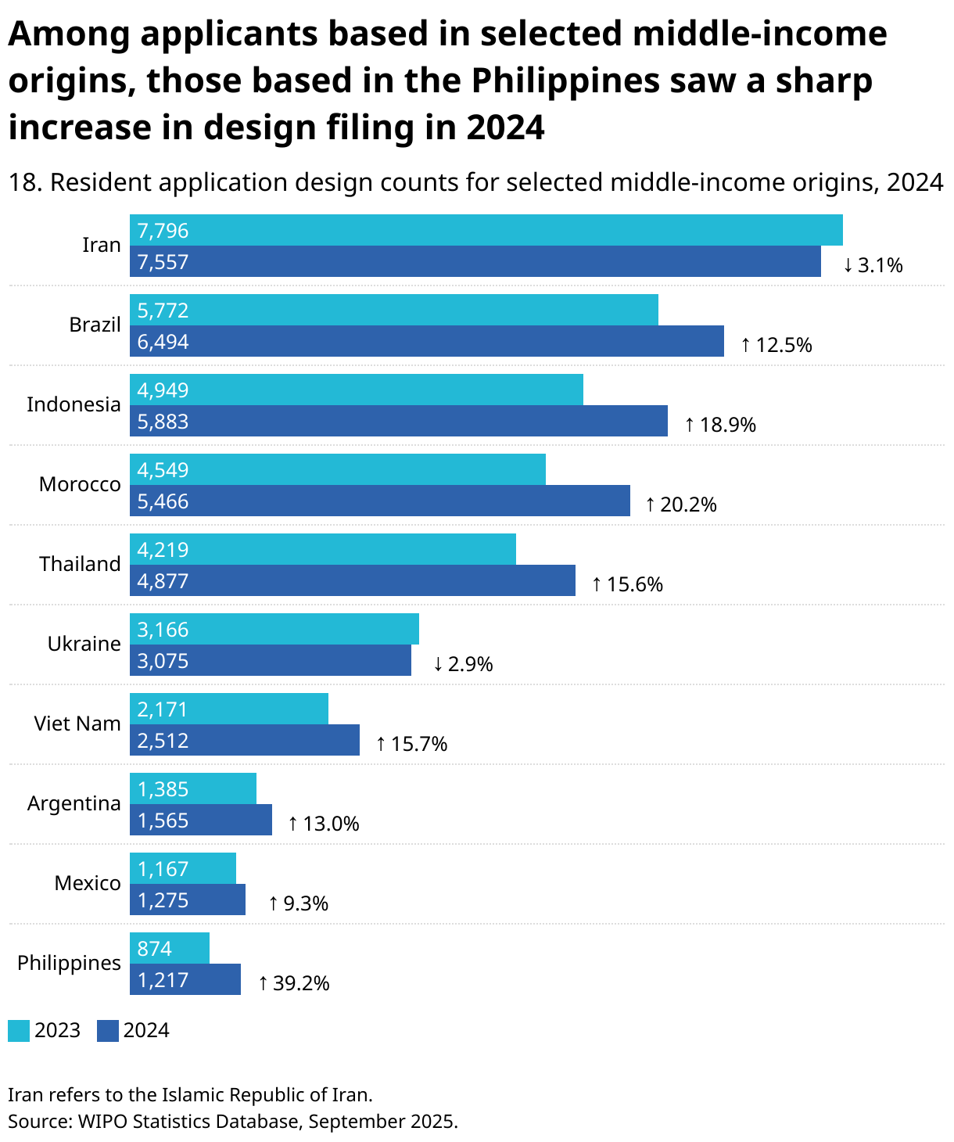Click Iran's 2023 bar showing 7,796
click(x=486, y=230)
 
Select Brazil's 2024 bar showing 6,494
click(x=426, y=341)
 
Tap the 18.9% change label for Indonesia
click(x=720, y=425)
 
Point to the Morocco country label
click(x=80, y=484)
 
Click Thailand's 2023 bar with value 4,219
click(x=322, y=549)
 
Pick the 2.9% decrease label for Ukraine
click(x=463, y=664)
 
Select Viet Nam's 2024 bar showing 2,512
click(x=244, y=740)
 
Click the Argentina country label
click(x=74, y=803)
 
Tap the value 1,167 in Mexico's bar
click(x=163, y=869)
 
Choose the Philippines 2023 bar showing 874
click(x=169, y=948)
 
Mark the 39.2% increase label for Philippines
click(x=294, y=983)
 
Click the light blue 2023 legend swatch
click(x=19, y=1031)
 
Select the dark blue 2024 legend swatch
click(x=108, y=1031)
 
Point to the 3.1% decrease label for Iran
click(x=873, y=265)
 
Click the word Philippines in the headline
click(x=566, y=81)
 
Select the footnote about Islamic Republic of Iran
click(x=190, y=1094)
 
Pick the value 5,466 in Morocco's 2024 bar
click(x=163, y=501)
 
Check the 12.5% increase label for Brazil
click(x=776, y=345)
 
